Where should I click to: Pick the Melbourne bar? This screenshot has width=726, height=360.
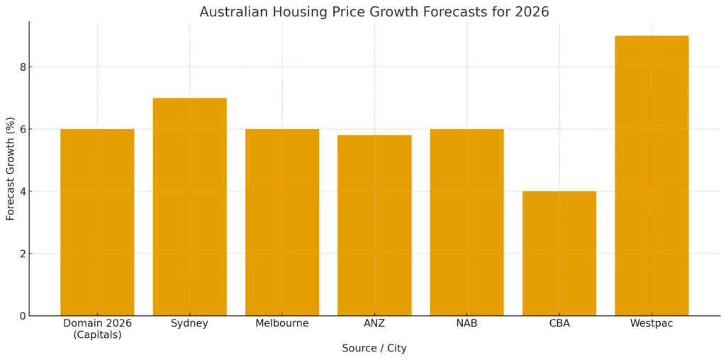coord(282,223)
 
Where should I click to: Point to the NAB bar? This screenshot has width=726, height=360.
coord(467,223)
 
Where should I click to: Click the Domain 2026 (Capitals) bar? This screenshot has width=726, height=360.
coord(97,223)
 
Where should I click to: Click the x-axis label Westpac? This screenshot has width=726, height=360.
coord(652,324)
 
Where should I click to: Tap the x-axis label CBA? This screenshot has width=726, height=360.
coord(559,324)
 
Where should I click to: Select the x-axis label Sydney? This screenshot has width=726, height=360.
coord(189,324)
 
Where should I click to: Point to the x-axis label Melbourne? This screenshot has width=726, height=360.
coord(282,324)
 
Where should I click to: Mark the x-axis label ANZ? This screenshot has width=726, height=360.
coord(374,324)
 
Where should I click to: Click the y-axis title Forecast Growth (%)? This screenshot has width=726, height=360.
coord(11,169)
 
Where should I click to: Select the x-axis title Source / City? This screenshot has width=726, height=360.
coord(374,349)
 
